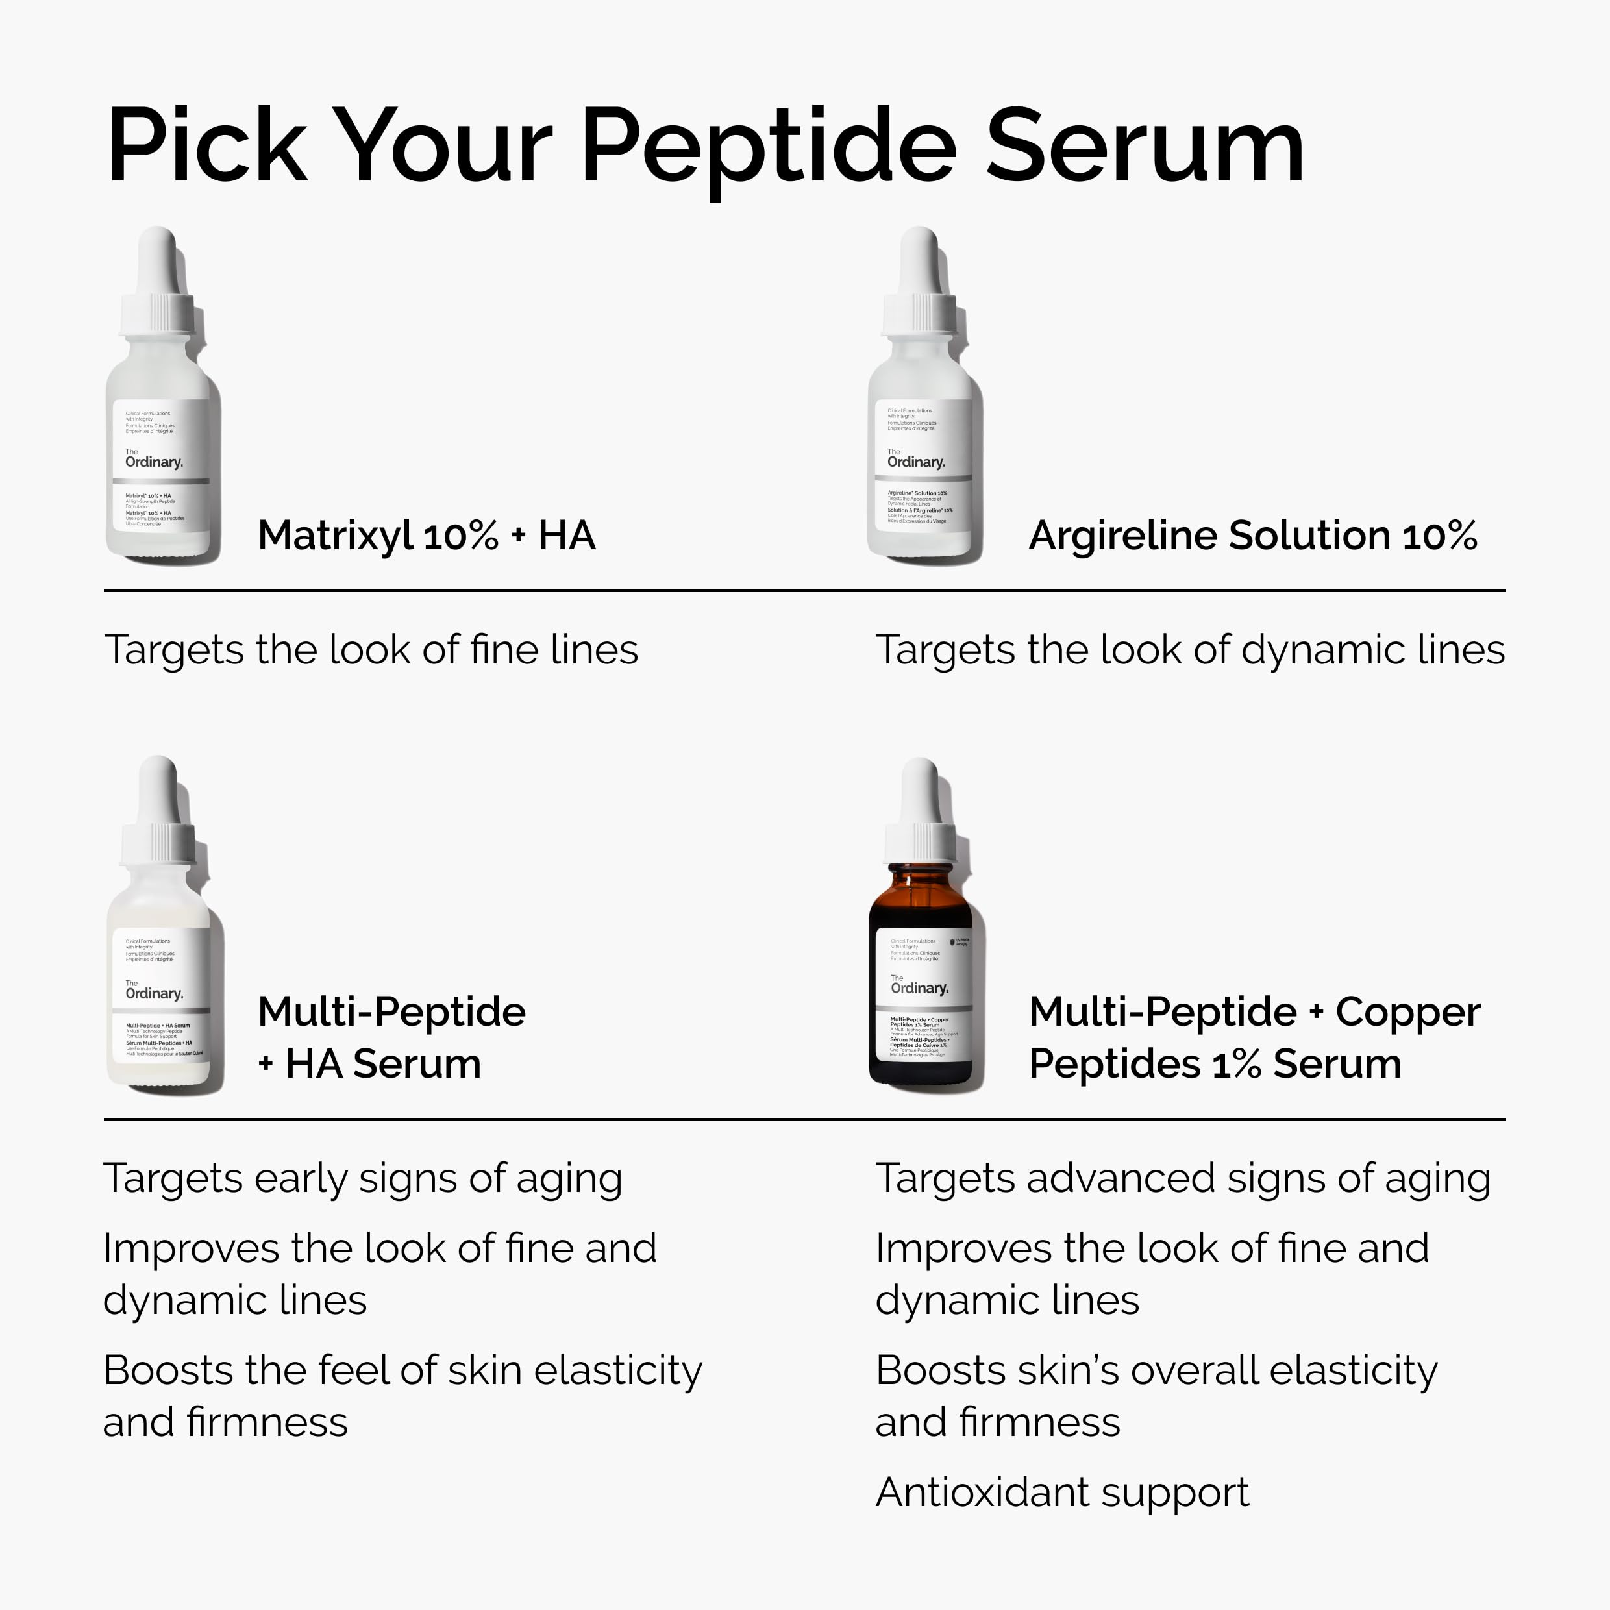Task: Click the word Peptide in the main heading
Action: click(x=767, y=148)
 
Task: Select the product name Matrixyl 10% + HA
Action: click(x=426, y=535)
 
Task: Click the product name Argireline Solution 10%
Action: click(x=1252, y=535)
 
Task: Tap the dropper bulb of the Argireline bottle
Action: click(x=919, y=258)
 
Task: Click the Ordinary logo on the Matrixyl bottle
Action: click(x=153, y=460)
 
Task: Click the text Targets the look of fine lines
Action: click(x=371, y=650)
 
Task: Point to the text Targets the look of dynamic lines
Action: click(x=1189, y=650)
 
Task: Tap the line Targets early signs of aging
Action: click(x=362, y=1179)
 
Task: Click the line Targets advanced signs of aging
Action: click(x=1182, y=1179)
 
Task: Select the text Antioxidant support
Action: click(x=1061, y=1492)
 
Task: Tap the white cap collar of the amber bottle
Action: click(x=919, y=841)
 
